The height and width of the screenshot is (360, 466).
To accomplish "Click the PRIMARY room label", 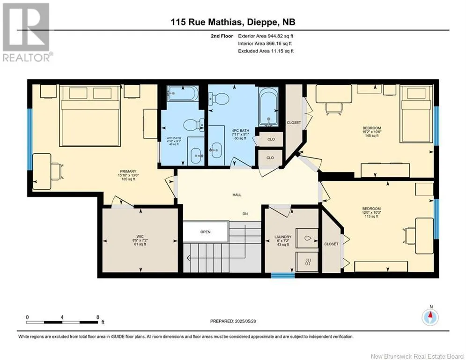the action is [128, 172].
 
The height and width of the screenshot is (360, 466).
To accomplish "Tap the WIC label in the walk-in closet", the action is [140, 237].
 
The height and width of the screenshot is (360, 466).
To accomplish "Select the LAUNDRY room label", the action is [283, 237].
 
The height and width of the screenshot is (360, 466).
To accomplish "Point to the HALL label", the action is [237, 195].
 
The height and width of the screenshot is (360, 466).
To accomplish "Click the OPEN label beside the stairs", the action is [205, 232].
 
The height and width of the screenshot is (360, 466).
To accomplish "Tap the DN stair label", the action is [245, 214].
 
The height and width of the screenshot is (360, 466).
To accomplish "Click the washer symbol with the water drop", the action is [307, 238].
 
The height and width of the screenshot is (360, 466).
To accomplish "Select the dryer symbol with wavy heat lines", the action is [307, 262].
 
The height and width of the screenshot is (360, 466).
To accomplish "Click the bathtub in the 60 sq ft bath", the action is [269, 106].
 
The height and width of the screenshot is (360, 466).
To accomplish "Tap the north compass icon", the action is [430, 317].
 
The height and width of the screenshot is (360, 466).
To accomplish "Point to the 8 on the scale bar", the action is [98, 317].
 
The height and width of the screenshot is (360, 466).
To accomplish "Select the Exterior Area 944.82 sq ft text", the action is [266, 36].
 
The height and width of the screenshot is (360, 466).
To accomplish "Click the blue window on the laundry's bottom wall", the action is [282, 276].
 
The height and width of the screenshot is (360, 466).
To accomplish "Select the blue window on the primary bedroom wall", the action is [30, 139].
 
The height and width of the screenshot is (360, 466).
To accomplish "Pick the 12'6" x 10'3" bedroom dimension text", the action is [371, 212].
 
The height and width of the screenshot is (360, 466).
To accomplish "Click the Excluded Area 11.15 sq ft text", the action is [266, 51].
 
